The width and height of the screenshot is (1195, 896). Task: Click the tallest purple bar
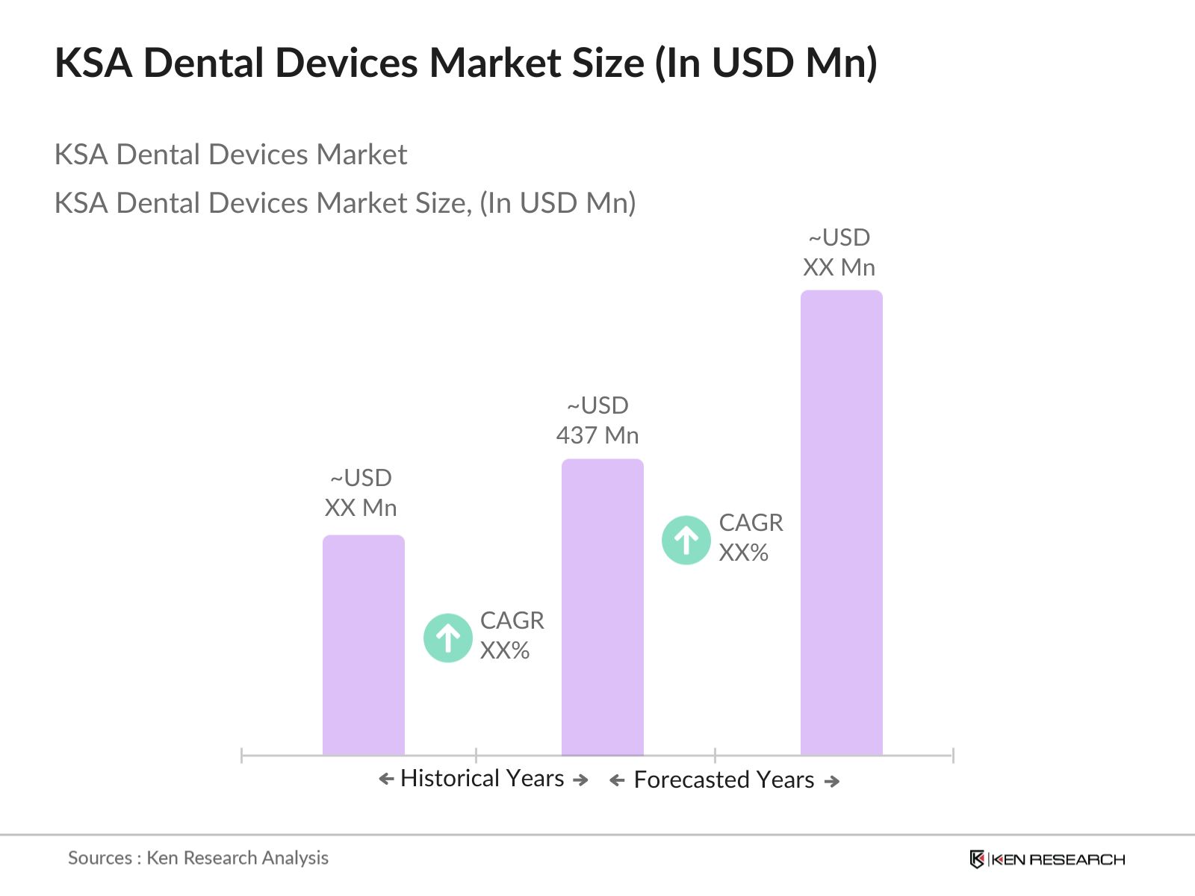[x=841, y=523]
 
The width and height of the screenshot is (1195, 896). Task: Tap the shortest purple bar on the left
[x=363, y=645]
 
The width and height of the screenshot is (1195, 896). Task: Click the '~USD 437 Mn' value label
[x=597, y=420]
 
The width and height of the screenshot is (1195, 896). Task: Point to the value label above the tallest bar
[x=839, y=252]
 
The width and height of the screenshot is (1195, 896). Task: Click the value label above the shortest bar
[x=361, y=493]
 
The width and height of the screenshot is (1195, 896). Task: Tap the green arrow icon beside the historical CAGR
[x=447, y=638]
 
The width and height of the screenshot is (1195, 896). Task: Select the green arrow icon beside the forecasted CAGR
[x=686, y=540]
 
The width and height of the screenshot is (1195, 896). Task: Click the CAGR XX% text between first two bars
[x=512, y=635]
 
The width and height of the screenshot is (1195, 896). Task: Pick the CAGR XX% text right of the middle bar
[x=750, y=538]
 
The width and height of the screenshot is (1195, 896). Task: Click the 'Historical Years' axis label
[x=482, y=778]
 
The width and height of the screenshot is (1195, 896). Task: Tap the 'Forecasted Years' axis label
[x=723, y=780]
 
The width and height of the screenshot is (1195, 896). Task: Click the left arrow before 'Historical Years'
[x=385, y=780]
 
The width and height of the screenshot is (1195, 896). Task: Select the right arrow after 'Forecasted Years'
[x=832, y=781]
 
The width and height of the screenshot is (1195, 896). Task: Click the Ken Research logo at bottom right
[x=1046, y=859]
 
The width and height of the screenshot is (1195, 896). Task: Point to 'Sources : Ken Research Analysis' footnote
[x=198, y=858]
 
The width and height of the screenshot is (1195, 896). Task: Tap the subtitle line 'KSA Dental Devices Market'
[x=230, y=155]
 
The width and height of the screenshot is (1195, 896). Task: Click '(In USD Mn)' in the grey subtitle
[x=557, y=203]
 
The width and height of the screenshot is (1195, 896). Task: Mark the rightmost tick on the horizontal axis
[x=952, y=755]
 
